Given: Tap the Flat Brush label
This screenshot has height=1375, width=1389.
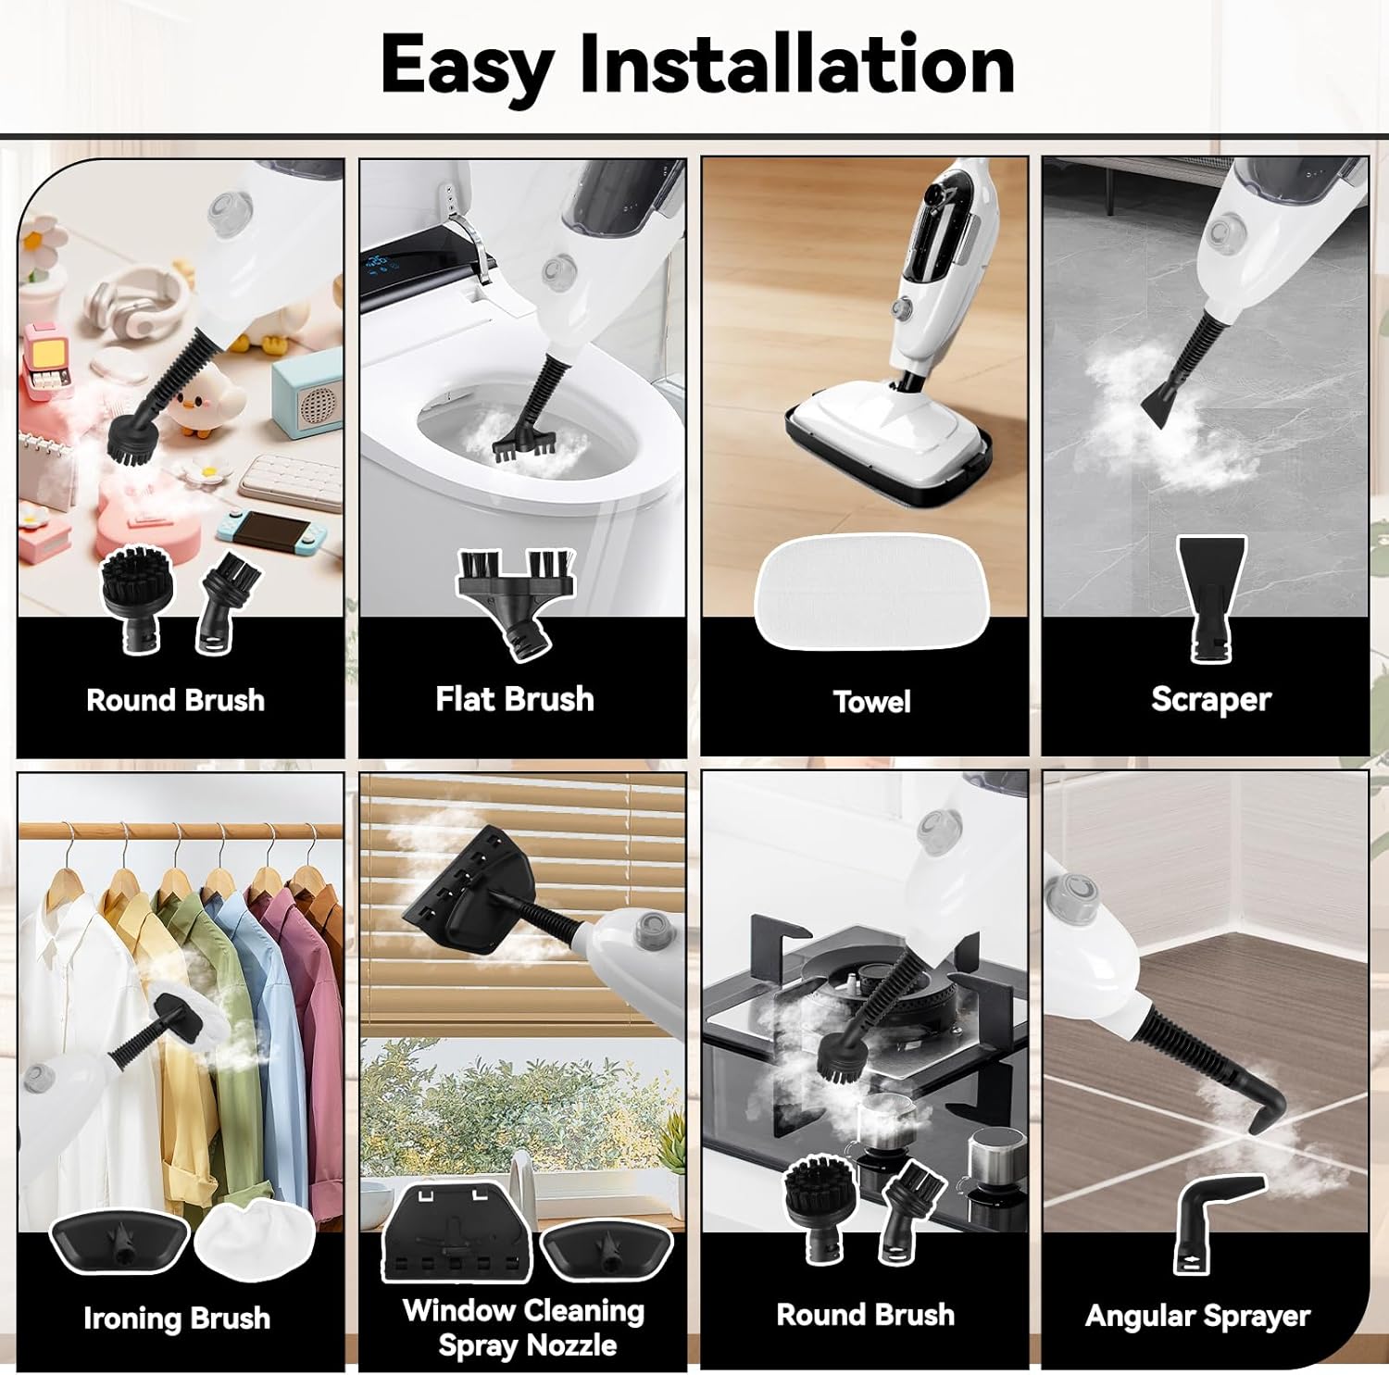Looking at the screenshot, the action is click(x=515, y=699).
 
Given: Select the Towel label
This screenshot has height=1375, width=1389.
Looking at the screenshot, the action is click(x=871, y=702).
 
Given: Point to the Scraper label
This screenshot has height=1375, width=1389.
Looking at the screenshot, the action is click(x=1211, y=700).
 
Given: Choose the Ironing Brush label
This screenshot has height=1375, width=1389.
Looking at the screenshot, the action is click(x=177, y=1318).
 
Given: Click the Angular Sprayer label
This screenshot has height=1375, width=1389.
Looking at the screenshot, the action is click(x=1197, y=1316).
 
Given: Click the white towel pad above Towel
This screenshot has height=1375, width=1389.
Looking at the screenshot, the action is click(x=872, y=593).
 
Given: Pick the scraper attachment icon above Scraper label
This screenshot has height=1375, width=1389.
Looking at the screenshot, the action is click(x=1211, y=597).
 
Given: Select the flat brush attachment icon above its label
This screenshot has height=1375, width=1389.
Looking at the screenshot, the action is click(x=515, y=602).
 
